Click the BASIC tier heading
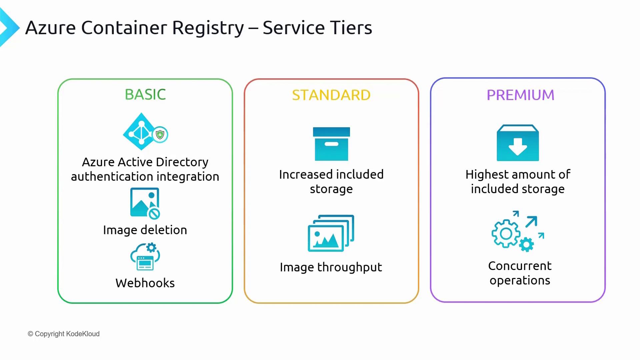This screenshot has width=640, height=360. (145, 95)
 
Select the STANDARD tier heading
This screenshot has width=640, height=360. (331, 95)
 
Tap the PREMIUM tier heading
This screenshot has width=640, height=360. (520, 95)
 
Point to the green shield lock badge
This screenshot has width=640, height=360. (160, 135)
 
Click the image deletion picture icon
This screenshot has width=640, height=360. (145, 203)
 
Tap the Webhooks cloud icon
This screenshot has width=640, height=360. (145, 257)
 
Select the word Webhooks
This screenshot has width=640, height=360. (145, 283)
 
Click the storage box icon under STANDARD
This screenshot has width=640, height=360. (331, 144)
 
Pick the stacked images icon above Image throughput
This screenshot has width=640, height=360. (331, 233)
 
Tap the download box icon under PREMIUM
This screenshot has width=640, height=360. (518, 143)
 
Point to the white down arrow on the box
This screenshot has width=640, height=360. (518, 147)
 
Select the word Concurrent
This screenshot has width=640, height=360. (520, 266)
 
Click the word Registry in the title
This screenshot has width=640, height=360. (208, 28)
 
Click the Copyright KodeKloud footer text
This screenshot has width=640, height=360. (64, 334)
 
